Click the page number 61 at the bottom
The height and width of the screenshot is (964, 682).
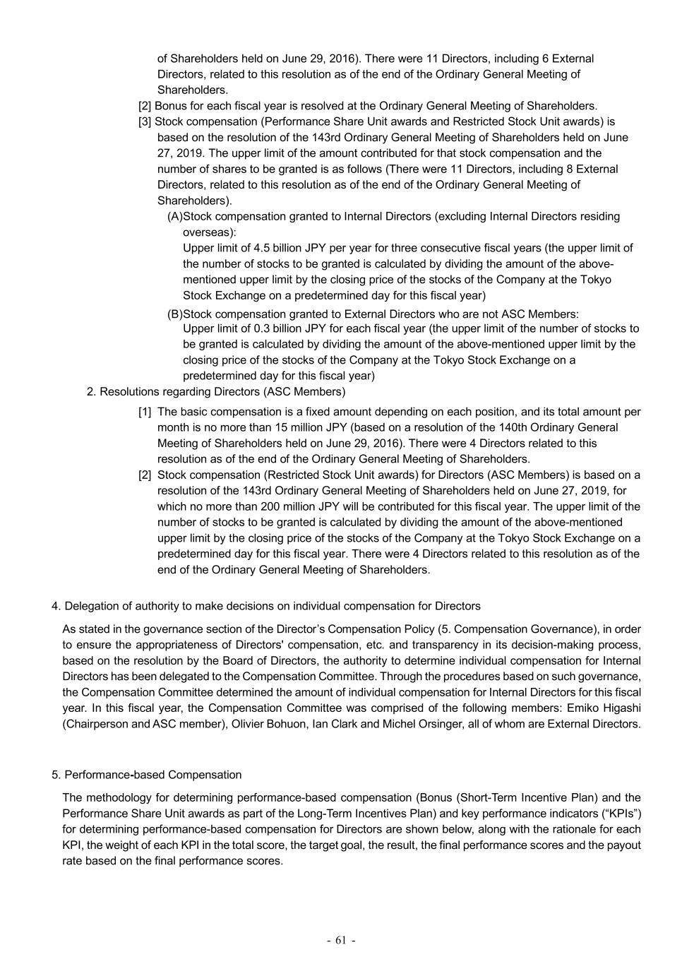(x=341, y=940)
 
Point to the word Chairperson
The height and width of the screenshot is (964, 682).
(x=95, y=724)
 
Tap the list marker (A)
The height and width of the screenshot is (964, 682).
(x=174, y=216)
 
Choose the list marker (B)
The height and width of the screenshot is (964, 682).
(x=174, y=314)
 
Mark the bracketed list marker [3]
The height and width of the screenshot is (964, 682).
(x=145, y=121)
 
